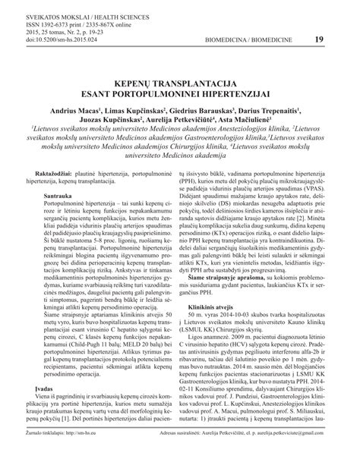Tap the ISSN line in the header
click(74, 24)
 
